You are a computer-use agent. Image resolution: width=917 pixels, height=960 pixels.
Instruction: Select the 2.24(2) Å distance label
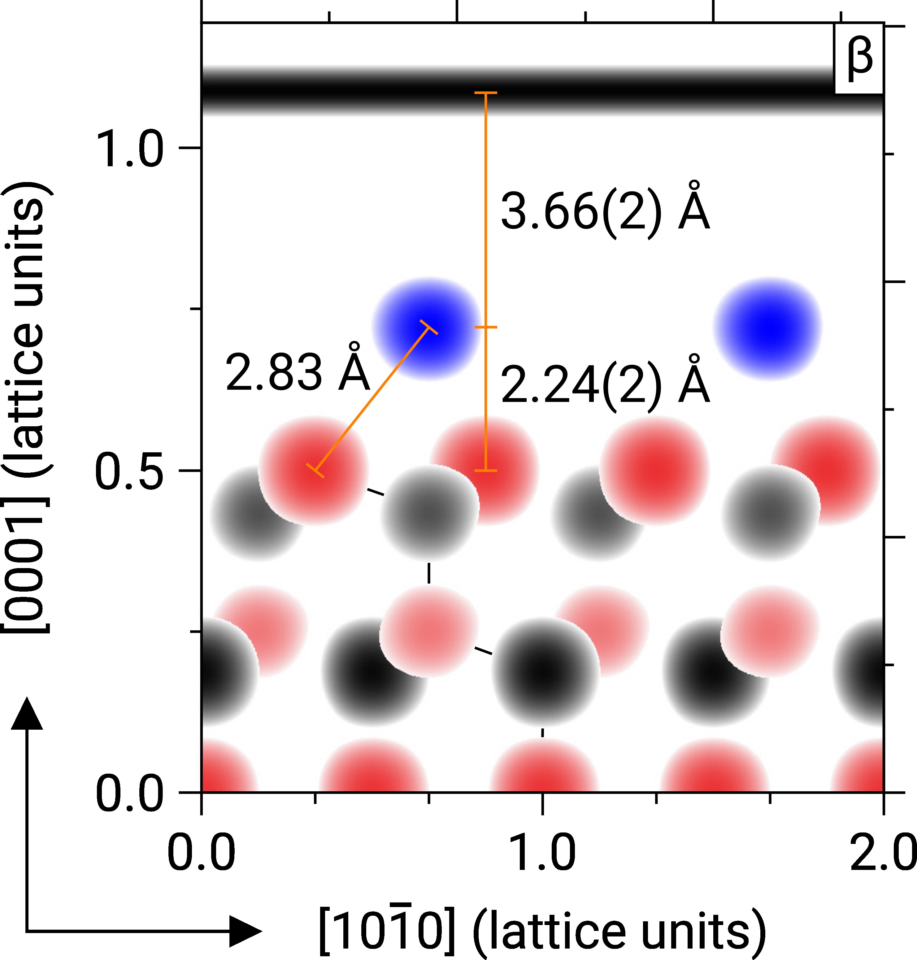605,385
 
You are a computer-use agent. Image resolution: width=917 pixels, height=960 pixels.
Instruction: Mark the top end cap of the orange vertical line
485,92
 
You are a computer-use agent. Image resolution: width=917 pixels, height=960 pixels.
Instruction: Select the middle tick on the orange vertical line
485,327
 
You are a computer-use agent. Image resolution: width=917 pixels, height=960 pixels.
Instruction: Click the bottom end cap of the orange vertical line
485,470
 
